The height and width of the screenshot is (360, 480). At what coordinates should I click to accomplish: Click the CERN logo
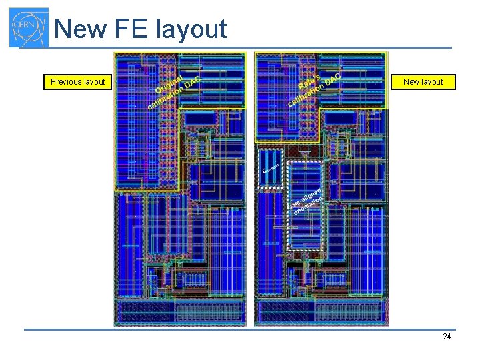pyautogui.click(x=28, y=27)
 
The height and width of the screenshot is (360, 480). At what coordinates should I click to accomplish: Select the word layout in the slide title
pyautogui.click(x=191, y=30)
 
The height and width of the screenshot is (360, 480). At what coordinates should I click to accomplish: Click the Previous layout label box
pyautogui.click(x=77, y=82)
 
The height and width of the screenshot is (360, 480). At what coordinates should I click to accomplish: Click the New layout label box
pyautogui.click(x=423, y=82)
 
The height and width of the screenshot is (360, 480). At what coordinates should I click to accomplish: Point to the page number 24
pyautogui.click(x=447, y=337)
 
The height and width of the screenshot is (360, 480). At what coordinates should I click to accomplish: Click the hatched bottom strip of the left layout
pyautogui.click(x=180, y=312)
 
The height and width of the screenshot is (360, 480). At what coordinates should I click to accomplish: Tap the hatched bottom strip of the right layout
pyautogui.click(x=321, y=312)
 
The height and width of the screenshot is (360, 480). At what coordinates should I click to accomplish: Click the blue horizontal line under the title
pyautogui.click(x=253, y=47)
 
